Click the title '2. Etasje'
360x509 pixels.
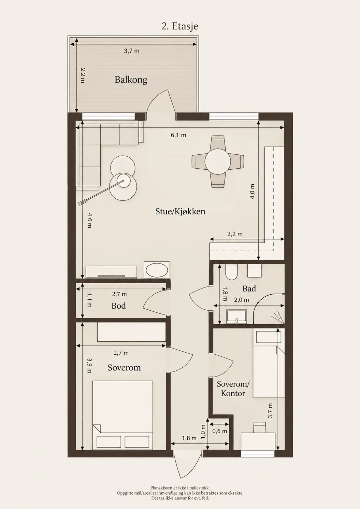(x=180, y=26)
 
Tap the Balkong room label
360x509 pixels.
(x=131, y=80)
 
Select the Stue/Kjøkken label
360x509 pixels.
(x=180, y=212)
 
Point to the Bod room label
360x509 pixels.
(x=118, y=306)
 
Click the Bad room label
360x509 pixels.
(x=249, y=288)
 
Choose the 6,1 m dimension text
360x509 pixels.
(x=178, y=135)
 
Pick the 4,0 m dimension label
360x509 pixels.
(x=252, y=192)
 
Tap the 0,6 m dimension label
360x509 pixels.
(x=220, y=431)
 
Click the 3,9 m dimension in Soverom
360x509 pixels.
(x=89, y=366)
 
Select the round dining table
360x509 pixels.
(x=218, y=161)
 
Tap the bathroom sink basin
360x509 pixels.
(x=236, y=316)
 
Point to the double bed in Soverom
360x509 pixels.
(x=123, y=415)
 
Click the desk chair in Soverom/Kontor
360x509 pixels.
(x=259, y=427)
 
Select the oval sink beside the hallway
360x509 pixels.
(x=157, y=270)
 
